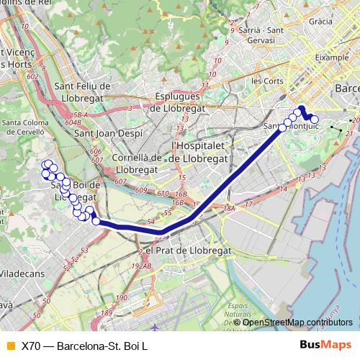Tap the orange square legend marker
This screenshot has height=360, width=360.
(9, 346)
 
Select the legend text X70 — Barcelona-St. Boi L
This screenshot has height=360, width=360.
(84, 346)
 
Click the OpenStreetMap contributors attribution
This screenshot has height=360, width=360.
(297, 322)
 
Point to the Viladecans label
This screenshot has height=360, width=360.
(22, 274)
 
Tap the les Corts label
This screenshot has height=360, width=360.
(267, 81)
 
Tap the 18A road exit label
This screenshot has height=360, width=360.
(230, 208)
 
